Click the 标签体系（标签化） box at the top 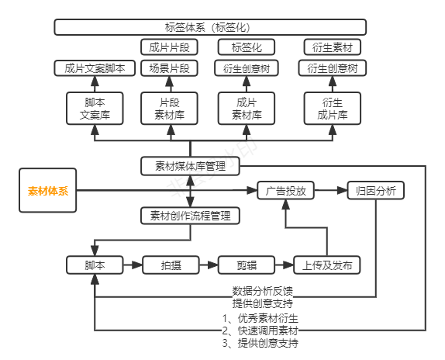(x=210, y=27)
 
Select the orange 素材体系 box (x=48, y=191)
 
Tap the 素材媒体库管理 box (x=190, y=166)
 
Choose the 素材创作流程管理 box (x=190, y=216)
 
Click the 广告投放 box (x=285, y=191)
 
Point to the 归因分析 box (x=376, y=191)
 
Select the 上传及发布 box (x=327, y=265)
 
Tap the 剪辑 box (x=247, y=265)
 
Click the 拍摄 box (x=171, y=265)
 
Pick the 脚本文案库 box (x=95, y=109)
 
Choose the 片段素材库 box (x=170, y=109)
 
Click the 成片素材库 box (x=247, y=109)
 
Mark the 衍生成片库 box (x=333, y=109)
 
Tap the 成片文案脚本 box (x=95, y=68)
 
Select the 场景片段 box (x=170, y=68)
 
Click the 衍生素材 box (x=333, y=47)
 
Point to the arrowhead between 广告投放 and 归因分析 (x=342, y=191)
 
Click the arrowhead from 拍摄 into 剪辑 (x=213, y=265)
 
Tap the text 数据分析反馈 (x=263, y=291)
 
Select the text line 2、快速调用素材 (x=260, y=331)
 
